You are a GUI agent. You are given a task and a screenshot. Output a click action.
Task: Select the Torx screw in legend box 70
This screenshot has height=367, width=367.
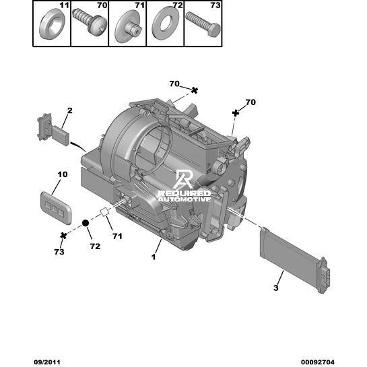click(90, 22)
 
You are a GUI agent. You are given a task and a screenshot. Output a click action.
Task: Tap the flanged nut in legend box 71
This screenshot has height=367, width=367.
click(128, 26)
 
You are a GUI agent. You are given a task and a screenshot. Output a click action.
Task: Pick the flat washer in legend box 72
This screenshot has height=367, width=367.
click(165, 23)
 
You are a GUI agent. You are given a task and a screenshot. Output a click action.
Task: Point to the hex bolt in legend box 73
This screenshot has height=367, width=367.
click(203, 24)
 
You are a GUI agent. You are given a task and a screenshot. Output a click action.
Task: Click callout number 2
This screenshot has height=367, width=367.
click(70, 110)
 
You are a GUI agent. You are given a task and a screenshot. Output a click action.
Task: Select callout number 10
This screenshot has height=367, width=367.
click(63, 174)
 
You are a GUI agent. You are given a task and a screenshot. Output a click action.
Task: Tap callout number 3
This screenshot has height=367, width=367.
click(276, 288)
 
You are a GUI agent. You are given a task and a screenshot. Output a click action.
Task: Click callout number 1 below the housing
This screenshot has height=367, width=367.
click(154, 257)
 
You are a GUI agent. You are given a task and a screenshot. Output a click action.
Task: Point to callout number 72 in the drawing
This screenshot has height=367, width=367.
click(95, 246)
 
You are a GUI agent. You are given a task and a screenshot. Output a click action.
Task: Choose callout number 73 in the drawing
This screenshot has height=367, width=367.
click(59, 252)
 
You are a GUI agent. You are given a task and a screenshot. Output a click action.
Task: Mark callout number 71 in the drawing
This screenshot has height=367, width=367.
click(117, 236)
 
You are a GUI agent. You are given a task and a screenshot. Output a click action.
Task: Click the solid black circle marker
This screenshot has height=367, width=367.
click(86, 223)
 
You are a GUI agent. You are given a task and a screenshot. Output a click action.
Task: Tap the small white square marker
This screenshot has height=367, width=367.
click(104, 211)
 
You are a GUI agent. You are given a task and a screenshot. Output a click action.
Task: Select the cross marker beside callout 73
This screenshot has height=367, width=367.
click(63, 236)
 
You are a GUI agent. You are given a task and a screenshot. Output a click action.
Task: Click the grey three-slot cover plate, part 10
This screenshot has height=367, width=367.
click(56, 207)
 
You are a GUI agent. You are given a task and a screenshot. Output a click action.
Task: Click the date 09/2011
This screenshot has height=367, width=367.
click(47, 362)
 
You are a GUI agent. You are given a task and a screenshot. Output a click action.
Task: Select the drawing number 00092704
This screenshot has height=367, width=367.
click(318, 362)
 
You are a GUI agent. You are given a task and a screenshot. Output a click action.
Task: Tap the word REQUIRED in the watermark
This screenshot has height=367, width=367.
click(185, 193)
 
